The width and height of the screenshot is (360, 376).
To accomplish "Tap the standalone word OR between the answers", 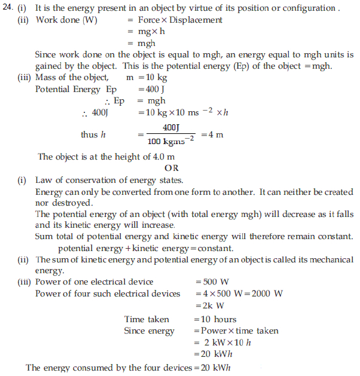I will (x=172, y=168).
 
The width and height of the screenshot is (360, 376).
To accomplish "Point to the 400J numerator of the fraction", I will (x=171, y=128).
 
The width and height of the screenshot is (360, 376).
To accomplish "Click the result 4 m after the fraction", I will (x=216, y=134).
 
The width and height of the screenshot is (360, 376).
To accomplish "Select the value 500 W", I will (x=210, y=282).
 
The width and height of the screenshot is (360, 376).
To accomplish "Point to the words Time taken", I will (x=147, y=319).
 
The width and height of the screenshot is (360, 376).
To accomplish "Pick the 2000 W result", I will (x=266, y=294).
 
